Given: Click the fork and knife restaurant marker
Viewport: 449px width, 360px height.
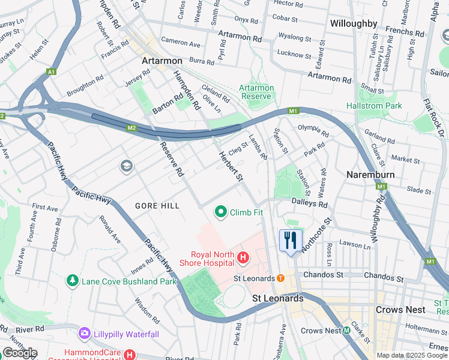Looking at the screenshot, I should click(x=291, y=241).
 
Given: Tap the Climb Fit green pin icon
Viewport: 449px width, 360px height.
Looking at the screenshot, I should click(x=221, y=212).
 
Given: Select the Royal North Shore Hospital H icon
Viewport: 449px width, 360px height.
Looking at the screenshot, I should click(x=243, y=259).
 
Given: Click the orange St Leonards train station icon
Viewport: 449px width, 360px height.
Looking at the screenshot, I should click(x=280, y=278).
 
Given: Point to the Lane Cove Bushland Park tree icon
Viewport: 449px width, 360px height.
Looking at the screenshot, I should click(x=73, y=281).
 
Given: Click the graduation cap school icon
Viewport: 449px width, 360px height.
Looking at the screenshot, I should click(x=126, y=166).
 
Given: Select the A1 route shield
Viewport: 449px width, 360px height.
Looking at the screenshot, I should click(x=51, y=72).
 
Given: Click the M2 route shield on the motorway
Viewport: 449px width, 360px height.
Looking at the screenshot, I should click(x=132, y=128).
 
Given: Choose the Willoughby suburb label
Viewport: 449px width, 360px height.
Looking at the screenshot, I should click(x=354, y=24).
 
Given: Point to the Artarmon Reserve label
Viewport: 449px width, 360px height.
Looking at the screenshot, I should click(x=256, y=92).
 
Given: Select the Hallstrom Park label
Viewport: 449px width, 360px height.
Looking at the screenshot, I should click(x=374, y=106).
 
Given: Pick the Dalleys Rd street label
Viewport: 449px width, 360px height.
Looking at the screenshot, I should click(x=310, y=204).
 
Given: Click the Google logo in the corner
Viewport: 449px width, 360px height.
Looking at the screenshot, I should click(x=19, y=352).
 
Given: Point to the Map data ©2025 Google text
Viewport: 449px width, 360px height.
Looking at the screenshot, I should click(x=412, y=355).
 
